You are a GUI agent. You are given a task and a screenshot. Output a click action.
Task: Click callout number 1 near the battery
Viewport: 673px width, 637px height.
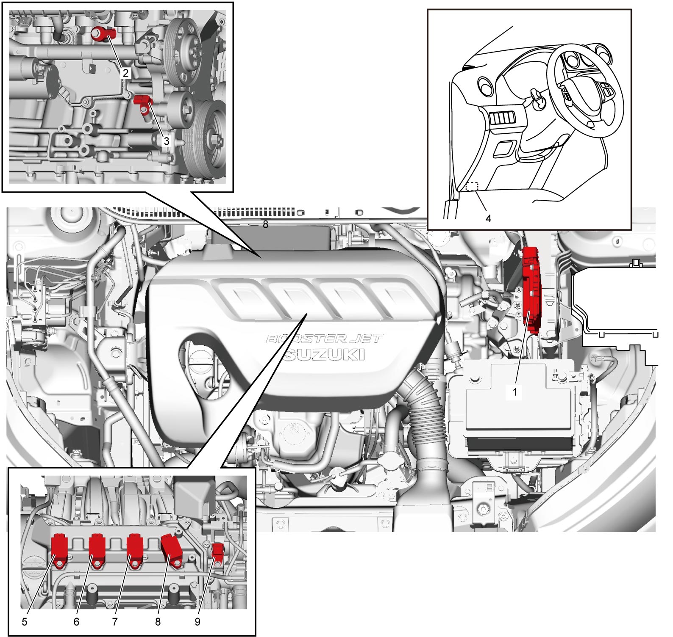coord(515,392)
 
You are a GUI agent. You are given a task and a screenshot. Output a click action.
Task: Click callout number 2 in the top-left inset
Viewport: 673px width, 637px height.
coord(125,73)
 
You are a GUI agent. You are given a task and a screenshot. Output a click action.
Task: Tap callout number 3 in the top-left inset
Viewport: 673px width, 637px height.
coord(167,141)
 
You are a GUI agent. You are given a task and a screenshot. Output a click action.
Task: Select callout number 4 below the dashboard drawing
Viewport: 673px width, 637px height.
coord(488,218)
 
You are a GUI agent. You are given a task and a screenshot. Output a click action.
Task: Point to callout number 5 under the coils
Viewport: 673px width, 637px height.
coord(25,621)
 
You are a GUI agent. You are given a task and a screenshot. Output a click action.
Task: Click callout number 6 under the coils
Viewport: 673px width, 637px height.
coord(76,621)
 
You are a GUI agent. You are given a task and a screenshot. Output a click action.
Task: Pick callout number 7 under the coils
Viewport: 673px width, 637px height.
coord(114,621)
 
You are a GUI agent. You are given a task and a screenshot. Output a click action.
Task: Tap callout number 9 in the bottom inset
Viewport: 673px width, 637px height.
coord(197,621)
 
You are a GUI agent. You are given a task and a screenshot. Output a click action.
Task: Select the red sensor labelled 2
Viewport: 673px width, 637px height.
coord(102,33)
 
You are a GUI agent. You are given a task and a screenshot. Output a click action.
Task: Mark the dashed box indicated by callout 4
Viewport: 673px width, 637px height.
coord(472,187)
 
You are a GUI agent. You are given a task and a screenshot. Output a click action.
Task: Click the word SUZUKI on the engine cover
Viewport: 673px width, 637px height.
coord(324,354)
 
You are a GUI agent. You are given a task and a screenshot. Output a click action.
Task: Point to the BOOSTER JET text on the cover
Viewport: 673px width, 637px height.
coord(324,339)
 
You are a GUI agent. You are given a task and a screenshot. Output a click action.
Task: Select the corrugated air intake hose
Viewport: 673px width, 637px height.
coord(424,415)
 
